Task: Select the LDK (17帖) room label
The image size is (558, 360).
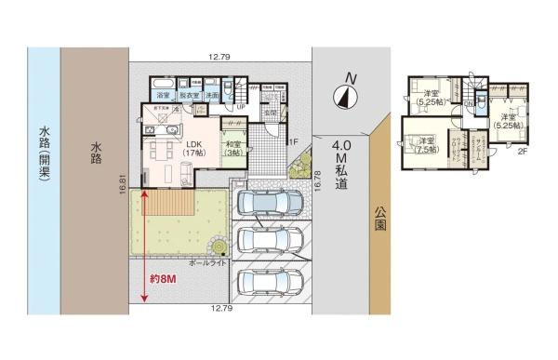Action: (193, 150)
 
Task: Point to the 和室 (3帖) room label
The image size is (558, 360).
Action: (232, 150)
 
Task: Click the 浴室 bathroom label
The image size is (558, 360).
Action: (163, 96)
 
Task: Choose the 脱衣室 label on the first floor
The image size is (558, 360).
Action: (189, 96)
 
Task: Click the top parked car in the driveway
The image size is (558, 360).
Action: (270, 203)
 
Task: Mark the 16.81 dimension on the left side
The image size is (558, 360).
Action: (122, 187)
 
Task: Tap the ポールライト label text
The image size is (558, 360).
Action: (206, 264)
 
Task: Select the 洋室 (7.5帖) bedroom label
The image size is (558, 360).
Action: (426, 145)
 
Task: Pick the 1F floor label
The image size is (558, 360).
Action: (290, 141)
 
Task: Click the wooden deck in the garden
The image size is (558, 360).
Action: (168, 201)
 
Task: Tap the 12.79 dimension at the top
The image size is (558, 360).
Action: (219, 58)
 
